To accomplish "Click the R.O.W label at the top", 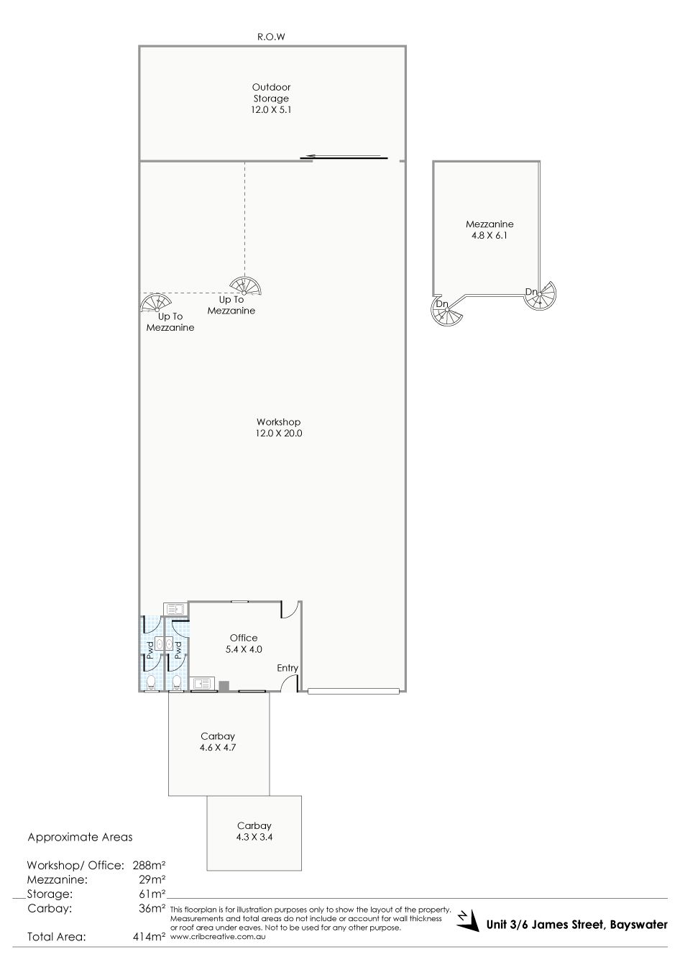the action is [x=271, y=37].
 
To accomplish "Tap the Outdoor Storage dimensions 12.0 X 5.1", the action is [x=271, y=110].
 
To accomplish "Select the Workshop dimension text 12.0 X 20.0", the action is [x=279, y=434].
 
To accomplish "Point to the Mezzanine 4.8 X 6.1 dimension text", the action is [x=490, y=235].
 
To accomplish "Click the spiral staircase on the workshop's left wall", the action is [x=155, y=303].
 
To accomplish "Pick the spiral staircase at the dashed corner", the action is [x=245, y=286].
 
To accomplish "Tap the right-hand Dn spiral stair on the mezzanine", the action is [x=540, y=295].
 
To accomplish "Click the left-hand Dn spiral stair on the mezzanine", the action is [x=447, y=310].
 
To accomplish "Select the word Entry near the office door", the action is [x=288, y=668].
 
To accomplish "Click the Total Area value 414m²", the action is [x=149, y=937].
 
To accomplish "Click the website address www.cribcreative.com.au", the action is [x=218, y=937].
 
